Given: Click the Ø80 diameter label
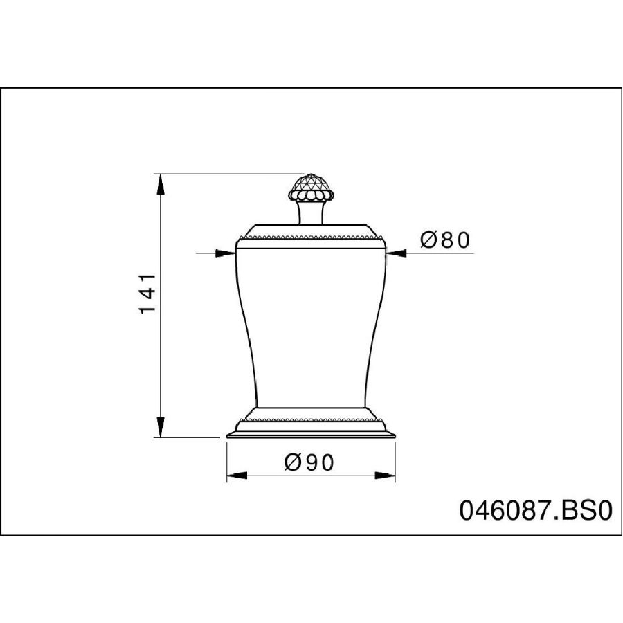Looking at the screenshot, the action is coord(445,240).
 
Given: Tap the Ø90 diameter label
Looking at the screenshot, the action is coord(309,462).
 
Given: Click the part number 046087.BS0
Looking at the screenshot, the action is coord(536,510).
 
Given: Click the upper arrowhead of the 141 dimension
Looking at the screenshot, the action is coord(160,184).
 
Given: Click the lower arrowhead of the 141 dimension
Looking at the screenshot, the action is coord(160,426).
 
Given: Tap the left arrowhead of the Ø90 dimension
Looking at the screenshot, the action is coord(237,475).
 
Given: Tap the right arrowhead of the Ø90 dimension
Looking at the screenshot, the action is coord(385,475).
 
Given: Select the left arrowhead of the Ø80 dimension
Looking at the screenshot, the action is coord(225,253).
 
